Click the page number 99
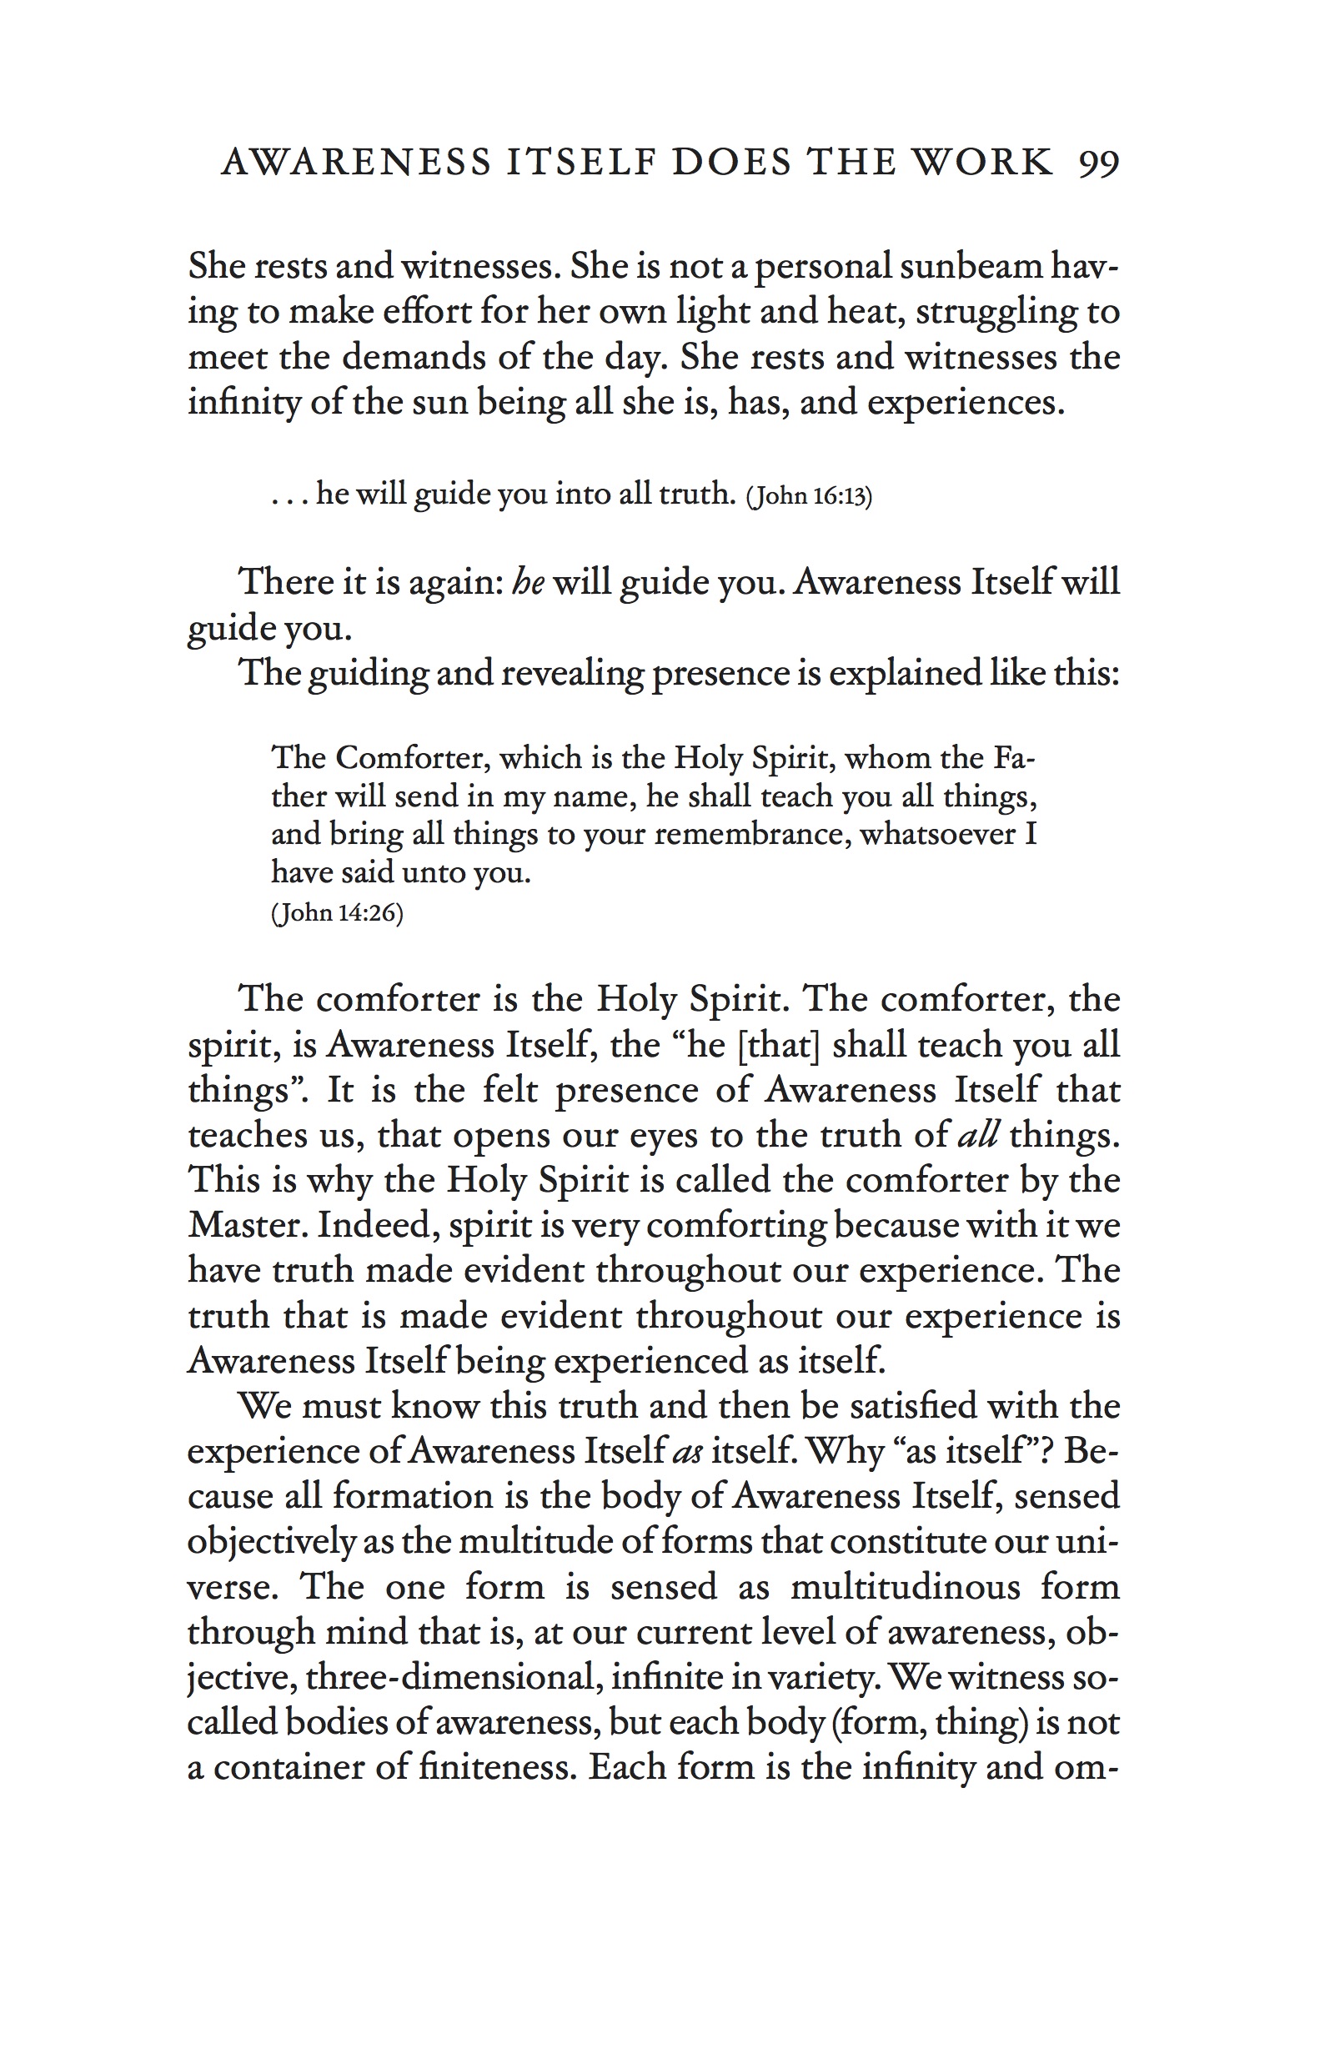tap(1098, 163)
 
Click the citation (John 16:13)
tap(808, 496)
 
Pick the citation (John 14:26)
tap(338, 913)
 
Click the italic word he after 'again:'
tap(528, 582)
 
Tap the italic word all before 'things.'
tap(977, 1135)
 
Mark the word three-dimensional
tap(449, 1677)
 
